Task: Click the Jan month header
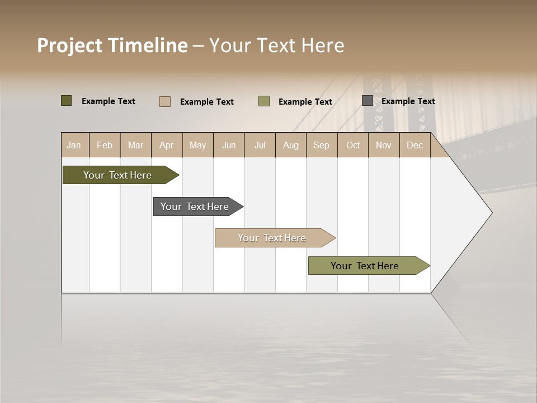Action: (74, 145)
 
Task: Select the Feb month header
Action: (105, 145)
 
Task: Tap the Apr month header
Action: (166, 145)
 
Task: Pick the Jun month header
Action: (229, 145)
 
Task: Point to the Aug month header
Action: (290, 145)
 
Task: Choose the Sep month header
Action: (321, 145)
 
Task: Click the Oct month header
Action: (353, 145)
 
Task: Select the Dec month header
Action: (414, 145)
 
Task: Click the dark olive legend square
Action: (66, 101)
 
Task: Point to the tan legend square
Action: (165, 101)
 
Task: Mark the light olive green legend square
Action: (264, 101)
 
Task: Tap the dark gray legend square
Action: (368, 101)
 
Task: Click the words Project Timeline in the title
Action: (112, 45)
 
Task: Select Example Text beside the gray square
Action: (408, 101)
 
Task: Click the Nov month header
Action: (384, 145)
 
